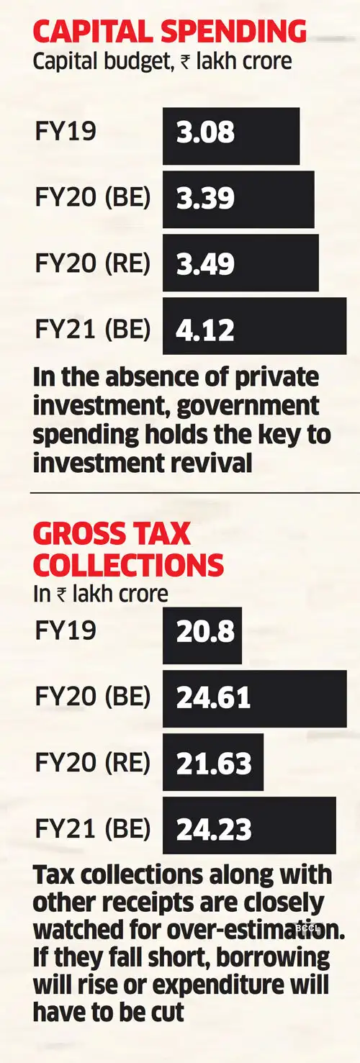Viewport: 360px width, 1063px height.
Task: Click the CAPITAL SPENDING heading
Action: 170,32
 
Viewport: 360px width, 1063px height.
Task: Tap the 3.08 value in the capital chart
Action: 205,135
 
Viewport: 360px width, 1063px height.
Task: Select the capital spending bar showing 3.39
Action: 238,199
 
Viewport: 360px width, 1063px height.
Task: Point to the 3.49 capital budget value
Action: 206,263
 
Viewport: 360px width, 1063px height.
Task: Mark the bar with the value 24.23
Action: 249,828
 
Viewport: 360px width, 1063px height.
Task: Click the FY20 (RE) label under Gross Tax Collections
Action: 92,762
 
